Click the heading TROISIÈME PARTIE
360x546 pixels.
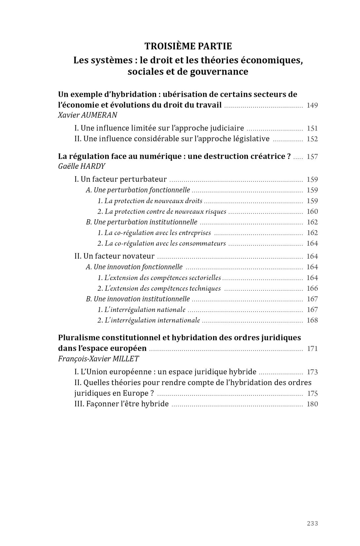pos(188,46)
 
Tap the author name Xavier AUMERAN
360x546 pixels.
pos(88,115)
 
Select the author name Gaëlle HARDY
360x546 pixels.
pos(82,166)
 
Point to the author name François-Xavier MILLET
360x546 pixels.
pos(98,359)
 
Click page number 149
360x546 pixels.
pos(312,105)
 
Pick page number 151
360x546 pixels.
pos(312,128)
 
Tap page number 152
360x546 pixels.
pos(312,139)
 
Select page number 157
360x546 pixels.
pos(312,157)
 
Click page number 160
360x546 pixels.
pos(312,211)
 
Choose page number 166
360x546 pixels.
pos(312,288)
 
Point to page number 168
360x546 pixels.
pos(312,320)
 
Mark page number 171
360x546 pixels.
pos(312,349)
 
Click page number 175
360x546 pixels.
pos(312,393)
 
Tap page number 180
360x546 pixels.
pos(312,404)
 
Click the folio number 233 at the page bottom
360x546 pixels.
pos(312,523)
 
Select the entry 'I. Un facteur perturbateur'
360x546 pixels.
pos(121,179)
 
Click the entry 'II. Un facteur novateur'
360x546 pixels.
pos(114,256)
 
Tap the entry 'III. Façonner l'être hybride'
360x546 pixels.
pos(122,404)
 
